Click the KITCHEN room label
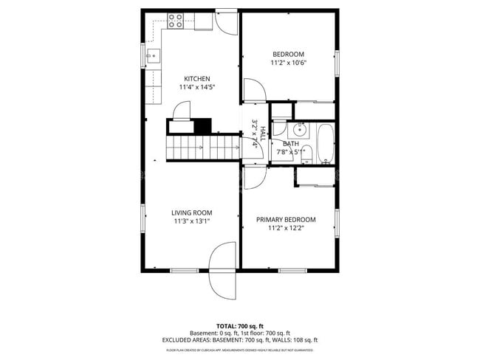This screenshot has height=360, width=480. point(197,79)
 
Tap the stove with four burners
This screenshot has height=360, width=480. point(176,21)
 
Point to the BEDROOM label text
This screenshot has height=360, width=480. point(288,54)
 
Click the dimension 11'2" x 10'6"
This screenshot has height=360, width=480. point(288,63)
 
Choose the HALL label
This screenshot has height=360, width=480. point(262,133)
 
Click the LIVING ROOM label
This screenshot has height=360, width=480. point(192,212)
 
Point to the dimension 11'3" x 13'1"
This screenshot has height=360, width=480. point(192,221)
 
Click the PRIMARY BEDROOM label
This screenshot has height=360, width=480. point(286,219)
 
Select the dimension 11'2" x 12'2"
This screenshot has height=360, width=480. point(286,228)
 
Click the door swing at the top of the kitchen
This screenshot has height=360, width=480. point(226,22)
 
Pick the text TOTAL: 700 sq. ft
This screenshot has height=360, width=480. point(239,325)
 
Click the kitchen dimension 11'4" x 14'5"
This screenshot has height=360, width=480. point(197,87)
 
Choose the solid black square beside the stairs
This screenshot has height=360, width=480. point(202,125)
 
